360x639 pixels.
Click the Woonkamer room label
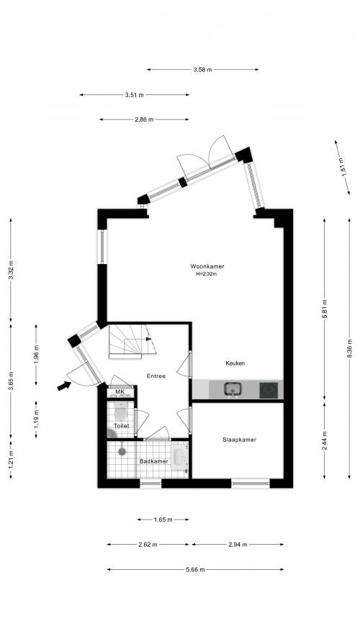pyautogui.click(x=207, y=266)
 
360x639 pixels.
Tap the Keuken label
pyautogui.click(x=235, y=363)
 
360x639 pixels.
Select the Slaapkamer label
pyautogui.click(x=239, y=440)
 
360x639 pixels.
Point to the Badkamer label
pyautogui.click(x=153, y=461)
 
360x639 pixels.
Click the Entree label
pyautogui.click(x=156, y=376)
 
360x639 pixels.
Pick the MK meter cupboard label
pyautogui.click(x=120, y=392)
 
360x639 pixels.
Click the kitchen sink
pyautogui.click(x=233, y=389)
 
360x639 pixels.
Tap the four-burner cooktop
pyautogui.click(x=269, y=391)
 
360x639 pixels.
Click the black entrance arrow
pyautogui.click(x=63, y=385)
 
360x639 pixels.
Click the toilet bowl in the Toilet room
pyautogui.click(x=121, y=413)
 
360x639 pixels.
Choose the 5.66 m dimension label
pyautogui.click(x=195, y=570)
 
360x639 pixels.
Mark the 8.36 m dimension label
pyautogui.click(x=349, y=348)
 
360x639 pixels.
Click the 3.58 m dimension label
pyautogui.click(x=202, y=70)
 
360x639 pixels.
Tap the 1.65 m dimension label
pyautogui.click(x=163, y=520)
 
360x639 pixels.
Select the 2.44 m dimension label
pyautogui.click(x=325, y=440)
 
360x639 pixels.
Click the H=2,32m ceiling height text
pyautogui.click(x=207, y=274)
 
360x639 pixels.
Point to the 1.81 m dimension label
pyautogui.click(x=343, y=167)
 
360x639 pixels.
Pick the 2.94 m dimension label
pyautogui.click(x=238, y=545)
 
